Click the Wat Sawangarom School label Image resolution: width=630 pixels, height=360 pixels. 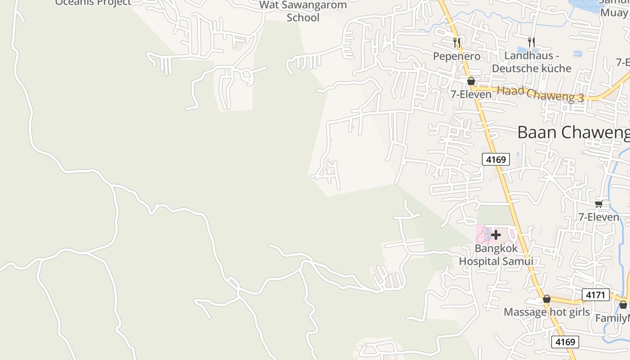tap(304, 12)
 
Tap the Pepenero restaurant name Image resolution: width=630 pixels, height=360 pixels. tap(456, 56)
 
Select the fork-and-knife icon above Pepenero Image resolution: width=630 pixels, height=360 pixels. tap(457, 43)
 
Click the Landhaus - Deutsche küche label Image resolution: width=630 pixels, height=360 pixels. tap(531, 62)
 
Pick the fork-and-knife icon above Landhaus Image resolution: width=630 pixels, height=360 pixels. tap(532, 42)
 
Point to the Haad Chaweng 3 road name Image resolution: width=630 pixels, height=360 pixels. tap(540, 94)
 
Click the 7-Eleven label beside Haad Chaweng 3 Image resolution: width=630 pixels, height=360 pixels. tap(471, 94)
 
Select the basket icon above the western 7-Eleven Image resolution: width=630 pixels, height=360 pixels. tap(471, 81)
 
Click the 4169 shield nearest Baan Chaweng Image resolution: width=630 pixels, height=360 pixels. tap(496, 159)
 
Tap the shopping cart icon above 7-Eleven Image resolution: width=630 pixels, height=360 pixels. tap(598, 204)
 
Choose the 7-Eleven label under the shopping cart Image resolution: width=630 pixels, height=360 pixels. tap(598, 217)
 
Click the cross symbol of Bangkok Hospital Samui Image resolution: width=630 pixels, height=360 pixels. tap(496, 234)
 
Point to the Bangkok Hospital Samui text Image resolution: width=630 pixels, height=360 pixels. tap(496, 255)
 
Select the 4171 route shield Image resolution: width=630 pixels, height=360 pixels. tap(595, 295)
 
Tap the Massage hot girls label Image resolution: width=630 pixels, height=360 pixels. tap(546, 312)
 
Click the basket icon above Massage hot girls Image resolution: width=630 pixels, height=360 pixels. tap(547, 299)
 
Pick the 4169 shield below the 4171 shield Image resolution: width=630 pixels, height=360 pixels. tap(565, 342)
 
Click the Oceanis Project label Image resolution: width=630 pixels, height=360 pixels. tap(93, 2)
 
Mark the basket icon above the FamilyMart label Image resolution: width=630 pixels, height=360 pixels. tap(623, 305)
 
